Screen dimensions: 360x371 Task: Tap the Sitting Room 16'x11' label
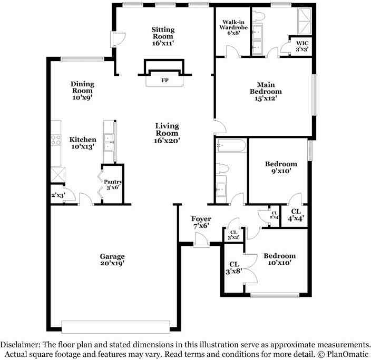(163, 36)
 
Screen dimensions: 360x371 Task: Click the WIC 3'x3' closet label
(302, 46)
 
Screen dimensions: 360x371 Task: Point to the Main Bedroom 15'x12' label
(266, 91)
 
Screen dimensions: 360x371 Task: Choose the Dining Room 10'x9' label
(82, 91)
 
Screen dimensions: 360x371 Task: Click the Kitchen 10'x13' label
(83, 143)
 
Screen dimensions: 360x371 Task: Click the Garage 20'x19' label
(112, 259)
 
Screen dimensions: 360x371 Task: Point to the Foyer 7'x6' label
(201, 222)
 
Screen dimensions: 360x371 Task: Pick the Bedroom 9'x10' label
(280, 167)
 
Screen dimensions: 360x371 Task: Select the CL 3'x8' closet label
(233, 268)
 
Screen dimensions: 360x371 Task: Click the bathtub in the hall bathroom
(231, 145)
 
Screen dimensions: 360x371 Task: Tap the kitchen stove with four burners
(55, 140)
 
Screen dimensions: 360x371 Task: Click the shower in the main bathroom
(302, 19)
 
